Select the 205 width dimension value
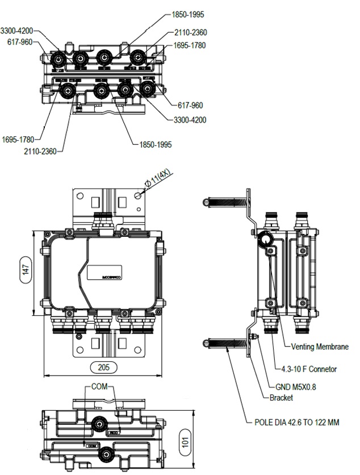(x=103, y=366)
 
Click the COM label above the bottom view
(x=99, y=387)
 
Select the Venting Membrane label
(x=320, y=347)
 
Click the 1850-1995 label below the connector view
(x=156, y=145)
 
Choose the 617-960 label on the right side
(x=190, y=105)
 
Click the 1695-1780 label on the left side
(x=18, y=139)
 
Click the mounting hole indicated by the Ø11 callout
(x=137, y=195)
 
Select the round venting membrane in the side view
(x=266, y=240)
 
